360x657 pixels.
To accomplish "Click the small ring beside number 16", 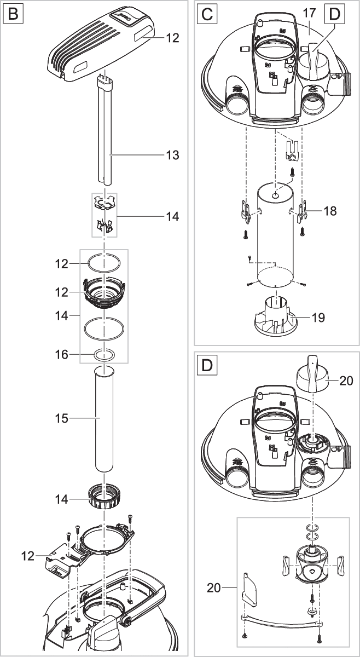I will tap(104, 355).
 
